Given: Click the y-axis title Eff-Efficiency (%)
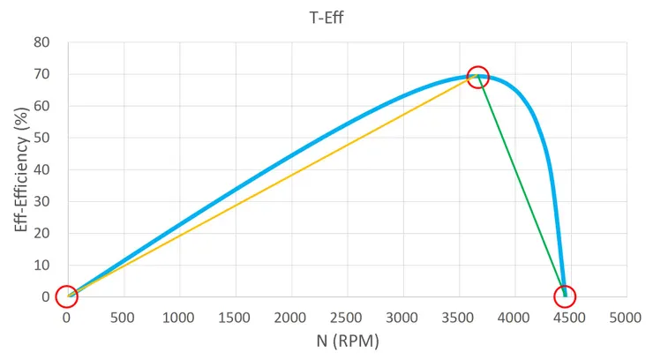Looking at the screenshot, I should pyautogui.click(x=21, y=169).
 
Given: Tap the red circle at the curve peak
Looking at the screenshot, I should pyautogui.click(x=477, y=77).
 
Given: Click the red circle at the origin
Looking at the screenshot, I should pyautogui.click(x=66, y=296).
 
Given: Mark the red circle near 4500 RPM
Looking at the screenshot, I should pyautogui.click(x=565, y=296).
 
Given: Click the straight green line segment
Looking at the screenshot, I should pyautogui.click(x=521, y=185).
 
